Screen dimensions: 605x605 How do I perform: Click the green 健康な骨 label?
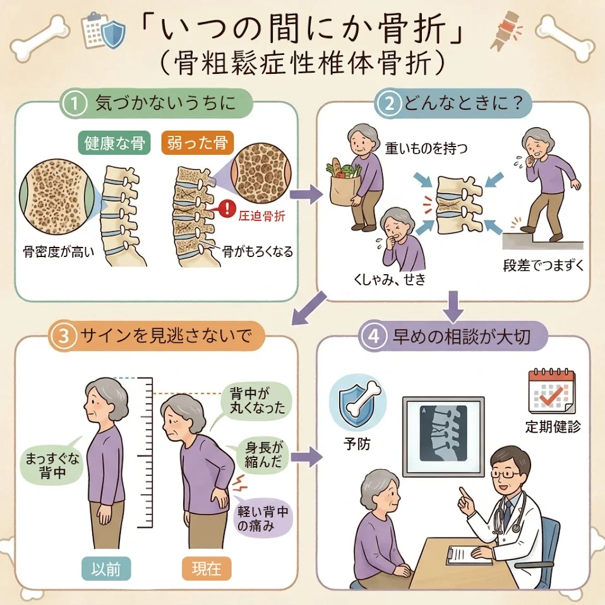point(114,143)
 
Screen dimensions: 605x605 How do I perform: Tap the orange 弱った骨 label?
point(197,143)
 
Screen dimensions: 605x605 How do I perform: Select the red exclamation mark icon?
point(227,209)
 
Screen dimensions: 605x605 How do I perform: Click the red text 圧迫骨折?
point(261,216)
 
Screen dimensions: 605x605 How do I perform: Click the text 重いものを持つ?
point(426,148)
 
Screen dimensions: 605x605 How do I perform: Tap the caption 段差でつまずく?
point(543,265)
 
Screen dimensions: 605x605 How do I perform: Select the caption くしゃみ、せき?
point(390,279)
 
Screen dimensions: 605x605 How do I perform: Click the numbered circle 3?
point(64,336)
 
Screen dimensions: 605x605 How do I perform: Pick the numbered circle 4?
point(373,336)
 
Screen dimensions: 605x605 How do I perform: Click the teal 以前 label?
point(106,569)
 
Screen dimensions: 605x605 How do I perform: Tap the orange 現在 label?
point(207,569)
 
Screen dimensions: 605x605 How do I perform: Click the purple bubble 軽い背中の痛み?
point(262,518)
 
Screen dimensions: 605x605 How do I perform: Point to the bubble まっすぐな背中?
point(52,465)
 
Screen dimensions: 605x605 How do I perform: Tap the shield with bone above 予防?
point(357,402)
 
